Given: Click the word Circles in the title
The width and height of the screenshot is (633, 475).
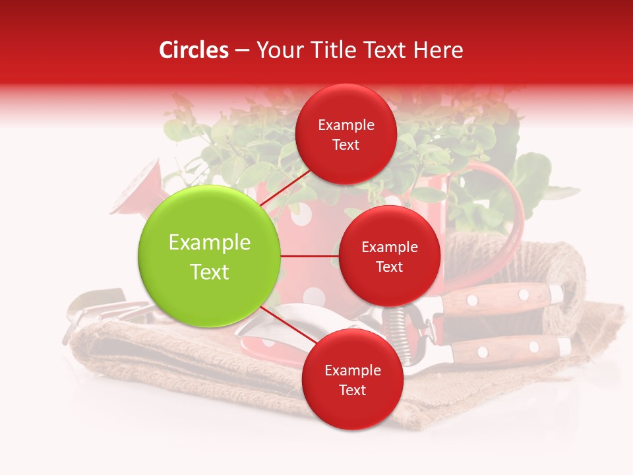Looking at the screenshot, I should [x=193, y=50].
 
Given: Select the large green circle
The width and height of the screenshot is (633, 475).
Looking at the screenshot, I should [x=210, y=256].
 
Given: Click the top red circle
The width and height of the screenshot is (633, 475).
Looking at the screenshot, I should [x=346, y=134].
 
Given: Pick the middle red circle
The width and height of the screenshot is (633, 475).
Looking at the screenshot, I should [x=389, y=256].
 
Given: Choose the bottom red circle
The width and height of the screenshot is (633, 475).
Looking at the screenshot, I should [x=352, y=379].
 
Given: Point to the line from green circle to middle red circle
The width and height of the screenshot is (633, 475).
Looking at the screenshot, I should [x=310, y=256].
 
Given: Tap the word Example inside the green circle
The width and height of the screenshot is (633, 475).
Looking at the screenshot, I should [x=210, y=243].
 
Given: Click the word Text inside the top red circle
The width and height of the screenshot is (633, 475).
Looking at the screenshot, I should [x=346, y=144].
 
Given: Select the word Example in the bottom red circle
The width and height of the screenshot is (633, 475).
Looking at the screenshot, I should [x=352, y=370].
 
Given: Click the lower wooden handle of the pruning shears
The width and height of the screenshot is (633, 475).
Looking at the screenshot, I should [x=508, y=348].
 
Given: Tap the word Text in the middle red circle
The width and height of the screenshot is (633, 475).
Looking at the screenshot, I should [x=389, y=267].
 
